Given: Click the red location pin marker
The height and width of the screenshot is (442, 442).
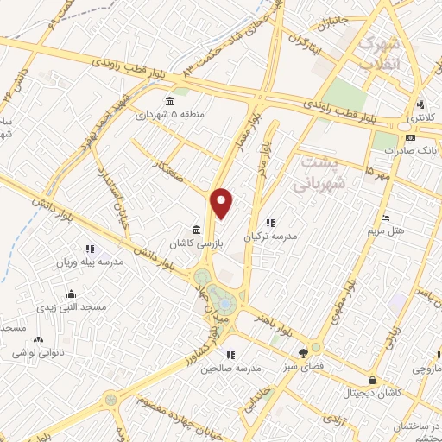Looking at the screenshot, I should (223, 202).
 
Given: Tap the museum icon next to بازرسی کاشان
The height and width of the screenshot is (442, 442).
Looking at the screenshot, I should (198, 230).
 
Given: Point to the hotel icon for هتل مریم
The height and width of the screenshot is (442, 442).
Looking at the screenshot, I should (385, 217).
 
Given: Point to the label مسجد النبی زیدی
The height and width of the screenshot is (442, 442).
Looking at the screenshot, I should (70, 306).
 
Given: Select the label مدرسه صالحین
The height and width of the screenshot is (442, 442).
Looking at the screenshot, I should (230, 368).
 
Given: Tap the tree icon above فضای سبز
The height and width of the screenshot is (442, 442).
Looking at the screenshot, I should (302, 352).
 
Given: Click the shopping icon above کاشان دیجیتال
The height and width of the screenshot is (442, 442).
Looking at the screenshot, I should (372, 381).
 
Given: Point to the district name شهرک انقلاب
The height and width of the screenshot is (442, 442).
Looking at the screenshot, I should (381, 51).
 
